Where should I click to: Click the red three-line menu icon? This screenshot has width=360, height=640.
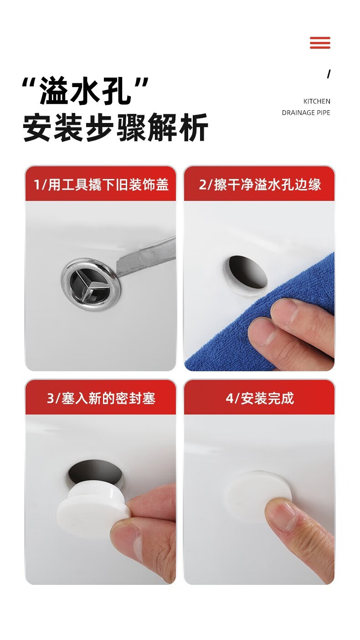coord(320,43)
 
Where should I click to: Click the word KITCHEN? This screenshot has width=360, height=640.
coord(317,101)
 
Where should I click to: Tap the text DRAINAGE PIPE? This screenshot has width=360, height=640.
coord(306,113)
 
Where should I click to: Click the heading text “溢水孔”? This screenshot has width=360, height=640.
coord(85,91)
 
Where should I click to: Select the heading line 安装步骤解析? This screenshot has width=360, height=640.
coord(115,127)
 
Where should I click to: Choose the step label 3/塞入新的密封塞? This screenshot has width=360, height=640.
coord(101,398)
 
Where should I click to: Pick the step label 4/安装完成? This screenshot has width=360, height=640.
coord(260,398)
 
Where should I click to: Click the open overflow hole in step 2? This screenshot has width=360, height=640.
coord(248,271)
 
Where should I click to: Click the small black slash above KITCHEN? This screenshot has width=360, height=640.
coord(329,74)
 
